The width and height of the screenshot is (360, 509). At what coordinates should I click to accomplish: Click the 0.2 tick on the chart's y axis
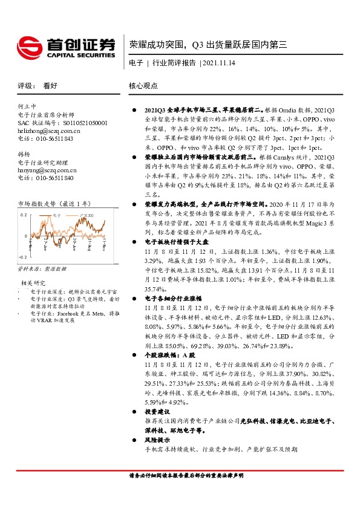point(24,215)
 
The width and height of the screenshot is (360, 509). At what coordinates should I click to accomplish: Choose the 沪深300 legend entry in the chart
point(91,215)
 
